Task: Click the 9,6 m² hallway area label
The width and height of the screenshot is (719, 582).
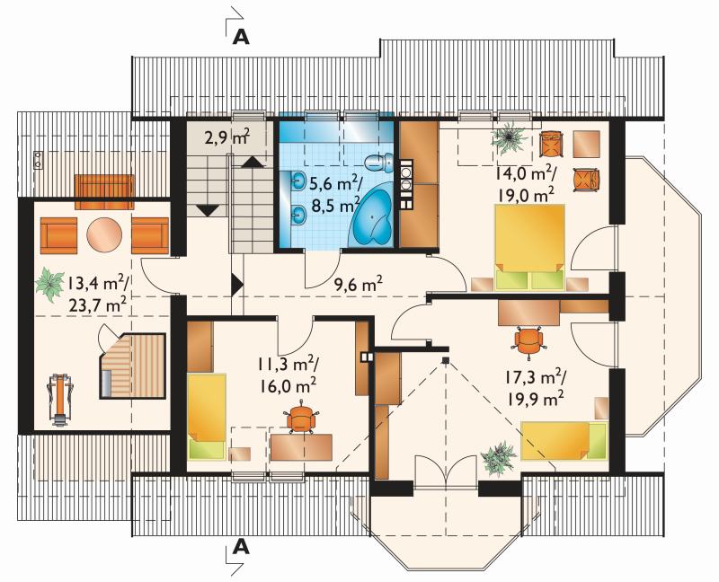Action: coord(358,285)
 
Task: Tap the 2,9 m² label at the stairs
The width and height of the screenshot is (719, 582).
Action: coord(227,137)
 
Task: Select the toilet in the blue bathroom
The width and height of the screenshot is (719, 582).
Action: coord(379,162)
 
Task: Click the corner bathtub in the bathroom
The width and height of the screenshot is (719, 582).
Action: coord(372,216)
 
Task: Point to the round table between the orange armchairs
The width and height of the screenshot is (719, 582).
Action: coord(104,234)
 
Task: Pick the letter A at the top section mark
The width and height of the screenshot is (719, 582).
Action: coord(241,37)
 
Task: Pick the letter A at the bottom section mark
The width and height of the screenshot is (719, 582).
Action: coord(241,546)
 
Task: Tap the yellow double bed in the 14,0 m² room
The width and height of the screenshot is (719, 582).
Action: coord(529,247)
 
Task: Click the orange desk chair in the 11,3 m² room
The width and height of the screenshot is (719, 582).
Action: coord(299,418)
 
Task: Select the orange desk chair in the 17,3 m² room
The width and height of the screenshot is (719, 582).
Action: coord(528,342)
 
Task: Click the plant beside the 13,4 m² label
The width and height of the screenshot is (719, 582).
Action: coord(49,284)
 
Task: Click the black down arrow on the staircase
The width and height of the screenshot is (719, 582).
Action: coord(209,210)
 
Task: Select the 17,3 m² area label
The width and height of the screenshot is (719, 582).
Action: coord(536,377)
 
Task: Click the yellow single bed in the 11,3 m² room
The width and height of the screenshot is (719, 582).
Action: coord(207,416)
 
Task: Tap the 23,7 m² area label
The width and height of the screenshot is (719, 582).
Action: coord(97,304)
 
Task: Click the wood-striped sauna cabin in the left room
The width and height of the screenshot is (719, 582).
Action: coord(132,366)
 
